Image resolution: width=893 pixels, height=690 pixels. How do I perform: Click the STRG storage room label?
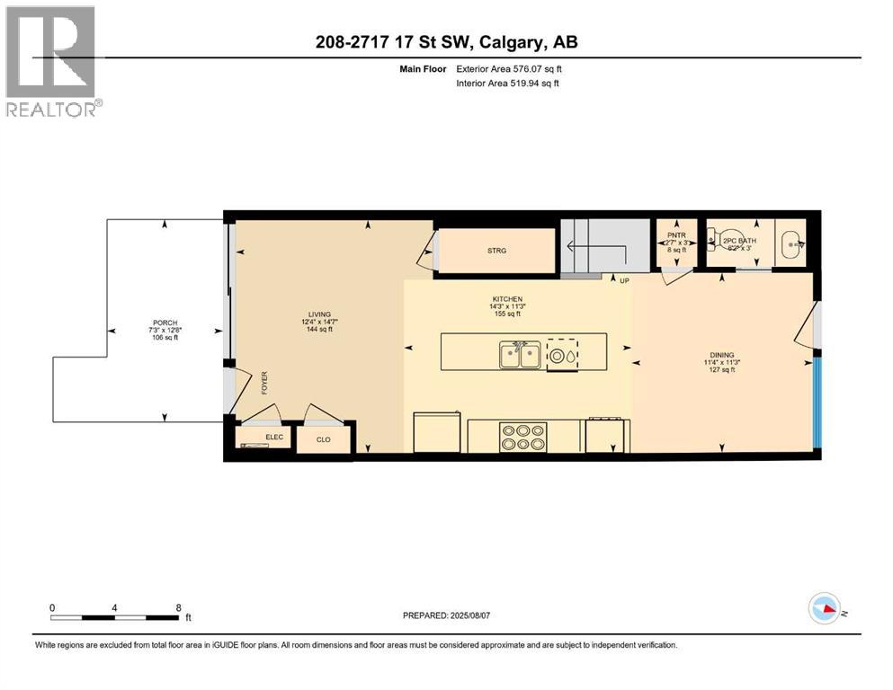(496, 251)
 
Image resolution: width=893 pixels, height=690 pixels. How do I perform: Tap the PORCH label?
(165, 323)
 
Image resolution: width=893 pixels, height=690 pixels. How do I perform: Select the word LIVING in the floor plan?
(319, 315)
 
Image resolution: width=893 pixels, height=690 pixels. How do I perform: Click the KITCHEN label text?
(507, 299)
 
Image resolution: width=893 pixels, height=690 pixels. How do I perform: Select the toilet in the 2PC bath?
(715, 241)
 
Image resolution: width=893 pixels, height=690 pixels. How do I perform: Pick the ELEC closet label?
(272, 438)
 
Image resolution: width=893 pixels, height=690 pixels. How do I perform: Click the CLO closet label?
(325, 440)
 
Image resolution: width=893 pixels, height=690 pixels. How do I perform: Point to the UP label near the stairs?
(624, 281)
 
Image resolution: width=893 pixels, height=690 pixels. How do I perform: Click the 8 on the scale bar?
(178, 607)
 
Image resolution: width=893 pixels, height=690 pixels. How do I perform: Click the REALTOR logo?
(51, 61)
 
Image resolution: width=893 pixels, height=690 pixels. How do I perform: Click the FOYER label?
(265, 384)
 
